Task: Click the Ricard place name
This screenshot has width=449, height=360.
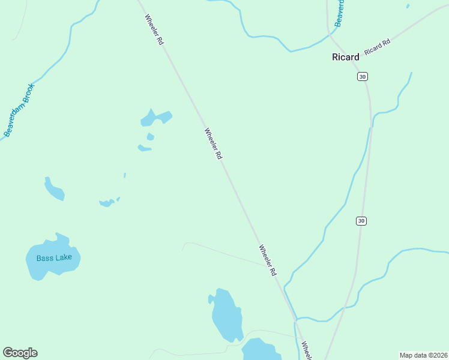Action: pyautogui.click(x=346, y=58)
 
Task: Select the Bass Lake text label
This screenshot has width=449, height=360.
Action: pyautogui.click(x=54, y=258)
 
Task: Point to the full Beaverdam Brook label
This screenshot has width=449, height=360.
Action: pyautogui.click(x=20, y=109)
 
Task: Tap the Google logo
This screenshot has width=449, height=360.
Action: pyautogui.click(x=20, y=353)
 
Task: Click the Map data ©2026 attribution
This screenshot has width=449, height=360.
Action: pyautogui.click(x=423, y=355)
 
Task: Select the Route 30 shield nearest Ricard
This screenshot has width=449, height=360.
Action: pyautogui.click(x=361, y=76)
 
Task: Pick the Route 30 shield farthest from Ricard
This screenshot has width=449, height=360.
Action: pyautogui.click(x=360, y=221)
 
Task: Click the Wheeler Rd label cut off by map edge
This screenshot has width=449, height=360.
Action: pyautogui.click(x=306, y=350)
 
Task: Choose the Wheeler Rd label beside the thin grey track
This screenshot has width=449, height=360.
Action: pyautogui.click(x=268, y=260)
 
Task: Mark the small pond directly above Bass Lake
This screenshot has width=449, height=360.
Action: pyautogui.click(x=54, y=189)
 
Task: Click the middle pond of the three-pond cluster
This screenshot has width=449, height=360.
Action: pyautogui.click(x=150, y=137)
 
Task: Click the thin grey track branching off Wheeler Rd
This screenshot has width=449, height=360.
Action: pyautogui.click(x=222, y=252)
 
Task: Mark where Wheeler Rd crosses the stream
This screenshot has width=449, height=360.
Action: pyautogui.click(x=295, y=319)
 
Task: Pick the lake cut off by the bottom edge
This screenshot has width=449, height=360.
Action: pyautogui.click(x=261, y=350)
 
